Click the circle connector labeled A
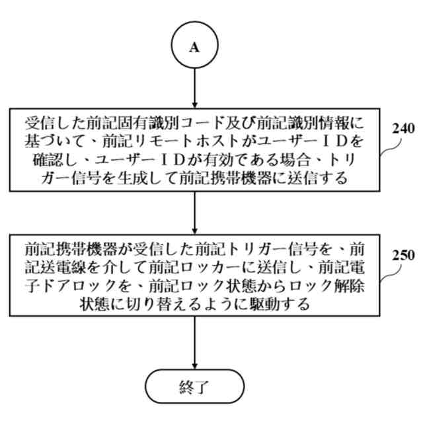[x=194, y=46]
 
